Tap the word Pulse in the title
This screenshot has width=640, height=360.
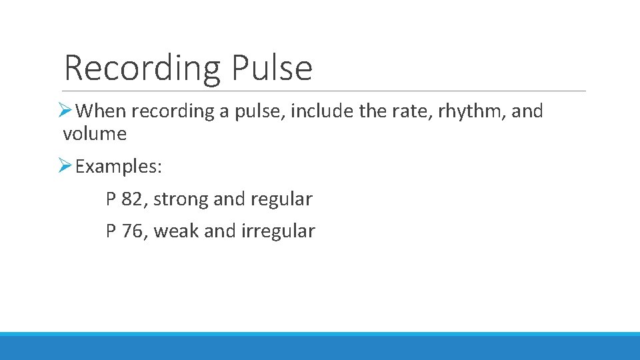[271, 68]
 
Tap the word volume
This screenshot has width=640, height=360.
[95, 134]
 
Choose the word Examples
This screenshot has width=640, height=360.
[119, 166]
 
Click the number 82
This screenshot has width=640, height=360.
[131, 199]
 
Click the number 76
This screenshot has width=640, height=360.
[131, 231]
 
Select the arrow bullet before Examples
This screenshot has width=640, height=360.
[65, 166]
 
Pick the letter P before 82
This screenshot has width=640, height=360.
[111, 199]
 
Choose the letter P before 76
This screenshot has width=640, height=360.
[111, 231]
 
